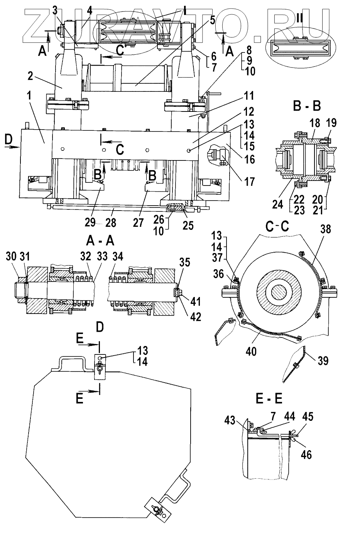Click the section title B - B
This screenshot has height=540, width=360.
(x=307, y=106)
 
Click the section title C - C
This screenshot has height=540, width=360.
(x=277, y=226)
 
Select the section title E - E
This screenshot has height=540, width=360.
(x=269, y=399)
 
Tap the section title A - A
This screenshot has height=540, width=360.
(x=100, y=241)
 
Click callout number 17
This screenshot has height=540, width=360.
(x=249, y=181)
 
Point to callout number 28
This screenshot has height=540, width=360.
(x=111, y=223)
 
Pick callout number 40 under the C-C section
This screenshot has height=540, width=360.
(x=251, y=351)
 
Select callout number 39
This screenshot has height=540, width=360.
(x=323, y=361)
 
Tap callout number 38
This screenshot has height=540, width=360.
(x=326, y=229)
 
